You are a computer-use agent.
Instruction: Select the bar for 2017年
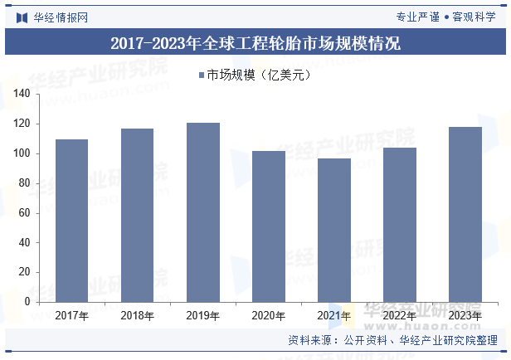coord(71,221)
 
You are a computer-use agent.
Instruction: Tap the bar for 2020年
coord(268,226)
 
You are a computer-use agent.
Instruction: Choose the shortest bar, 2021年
coord(333,231)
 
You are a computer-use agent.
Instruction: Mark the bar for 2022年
coord(399,225)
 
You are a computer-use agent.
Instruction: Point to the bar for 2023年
coord(465,215)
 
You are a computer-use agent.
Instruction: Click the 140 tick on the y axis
coord(22,95)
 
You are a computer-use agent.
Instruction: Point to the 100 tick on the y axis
coord(22,153)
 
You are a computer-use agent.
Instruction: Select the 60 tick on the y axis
coord(24,213)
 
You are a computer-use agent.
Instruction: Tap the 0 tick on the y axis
coord(27,302)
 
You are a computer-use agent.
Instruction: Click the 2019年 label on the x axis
coord(202,315)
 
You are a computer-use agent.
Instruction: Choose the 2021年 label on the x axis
coord(333,315)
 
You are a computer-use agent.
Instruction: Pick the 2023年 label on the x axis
coord(465,315)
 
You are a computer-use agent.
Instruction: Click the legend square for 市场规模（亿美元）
coord(201,75)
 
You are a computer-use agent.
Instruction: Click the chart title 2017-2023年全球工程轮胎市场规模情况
coord(255,44)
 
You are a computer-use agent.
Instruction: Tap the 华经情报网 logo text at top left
coord(60,17)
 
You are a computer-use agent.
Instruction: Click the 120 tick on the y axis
coord(22,124)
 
